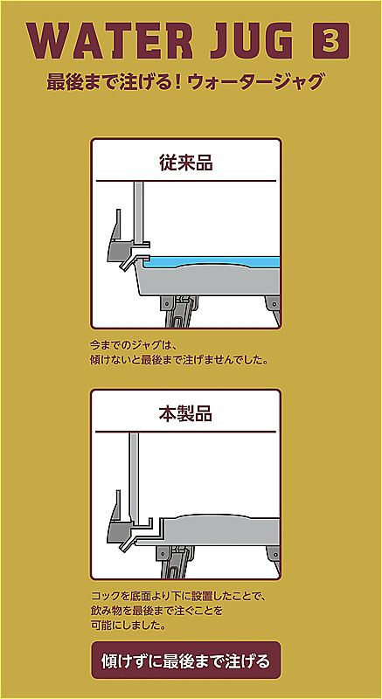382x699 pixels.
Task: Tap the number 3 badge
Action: pyautogui.click(x=330, y=41)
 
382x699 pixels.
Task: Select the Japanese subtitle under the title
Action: pyautogui.click(x=184, y=82)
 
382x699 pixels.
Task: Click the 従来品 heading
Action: pyautogui.click(x=186, y=163)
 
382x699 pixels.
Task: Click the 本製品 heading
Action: pyautogui.click(x=185, y=414)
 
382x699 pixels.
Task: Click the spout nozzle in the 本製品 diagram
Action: pyautogui.click(x=128, y=538)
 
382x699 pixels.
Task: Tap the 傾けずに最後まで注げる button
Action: pyautogui.click(x=186, y=661)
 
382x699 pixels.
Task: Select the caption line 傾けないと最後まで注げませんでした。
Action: pyautogui.click(x=178, y=359)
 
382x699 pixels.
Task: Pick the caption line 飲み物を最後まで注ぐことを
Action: pyautogui.click(x=156, y=611)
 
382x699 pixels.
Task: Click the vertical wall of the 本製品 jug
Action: pyautogui.click(x=134, y=477)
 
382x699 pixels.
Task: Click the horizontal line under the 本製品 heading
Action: pyautogui.click(x=186, y=432)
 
